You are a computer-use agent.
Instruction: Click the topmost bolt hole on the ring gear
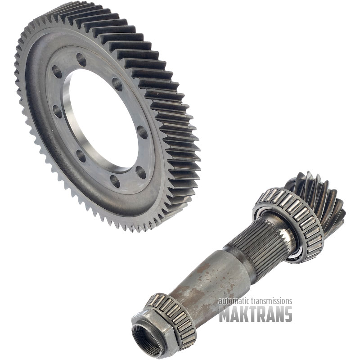pos(81,59)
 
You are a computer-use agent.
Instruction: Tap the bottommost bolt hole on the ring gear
pos(115,181)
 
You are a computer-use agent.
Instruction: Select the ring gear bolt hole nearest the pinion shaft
pos(141,172)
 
